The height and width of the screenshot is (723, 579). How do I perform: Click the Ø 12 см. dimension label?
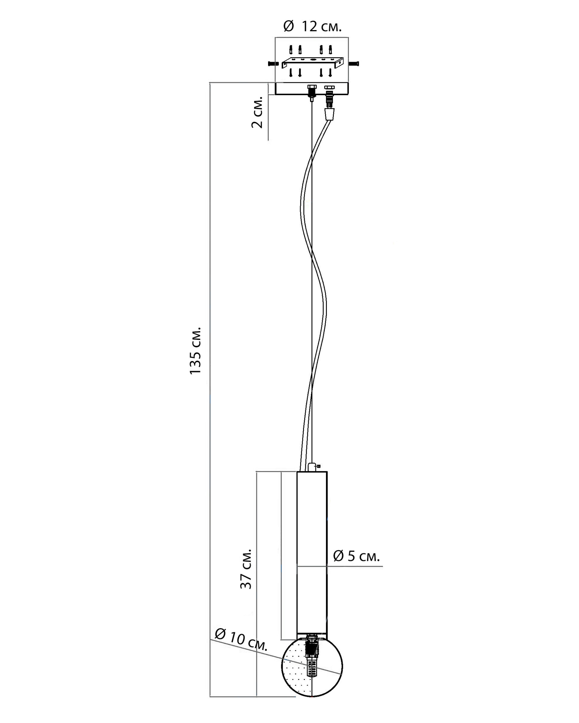point(312,26)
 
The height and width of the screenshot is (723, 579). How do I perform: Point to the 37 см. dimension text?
point(245,569)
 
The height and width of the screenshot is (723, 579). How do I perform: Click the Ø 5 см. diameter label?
point(356,556)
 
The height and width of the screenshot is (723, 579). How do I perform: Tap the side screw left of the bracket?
point(273,63)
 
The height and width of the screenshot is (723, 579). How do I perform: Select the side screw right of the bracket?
point(354,63)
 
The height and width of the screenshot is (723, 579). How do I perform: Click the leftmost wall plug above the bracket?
point(291,50)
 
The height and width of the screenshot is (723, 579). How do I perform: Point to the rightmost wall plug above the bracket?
point(330,50)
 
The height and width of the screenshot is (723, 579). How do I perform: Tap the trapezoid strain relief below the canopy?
point(329,114)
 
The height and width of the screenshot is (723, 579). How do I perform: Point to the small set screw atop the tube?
point(318,466)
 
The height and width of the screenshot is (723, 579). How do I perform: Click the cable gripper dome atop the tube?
point(312,467)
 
